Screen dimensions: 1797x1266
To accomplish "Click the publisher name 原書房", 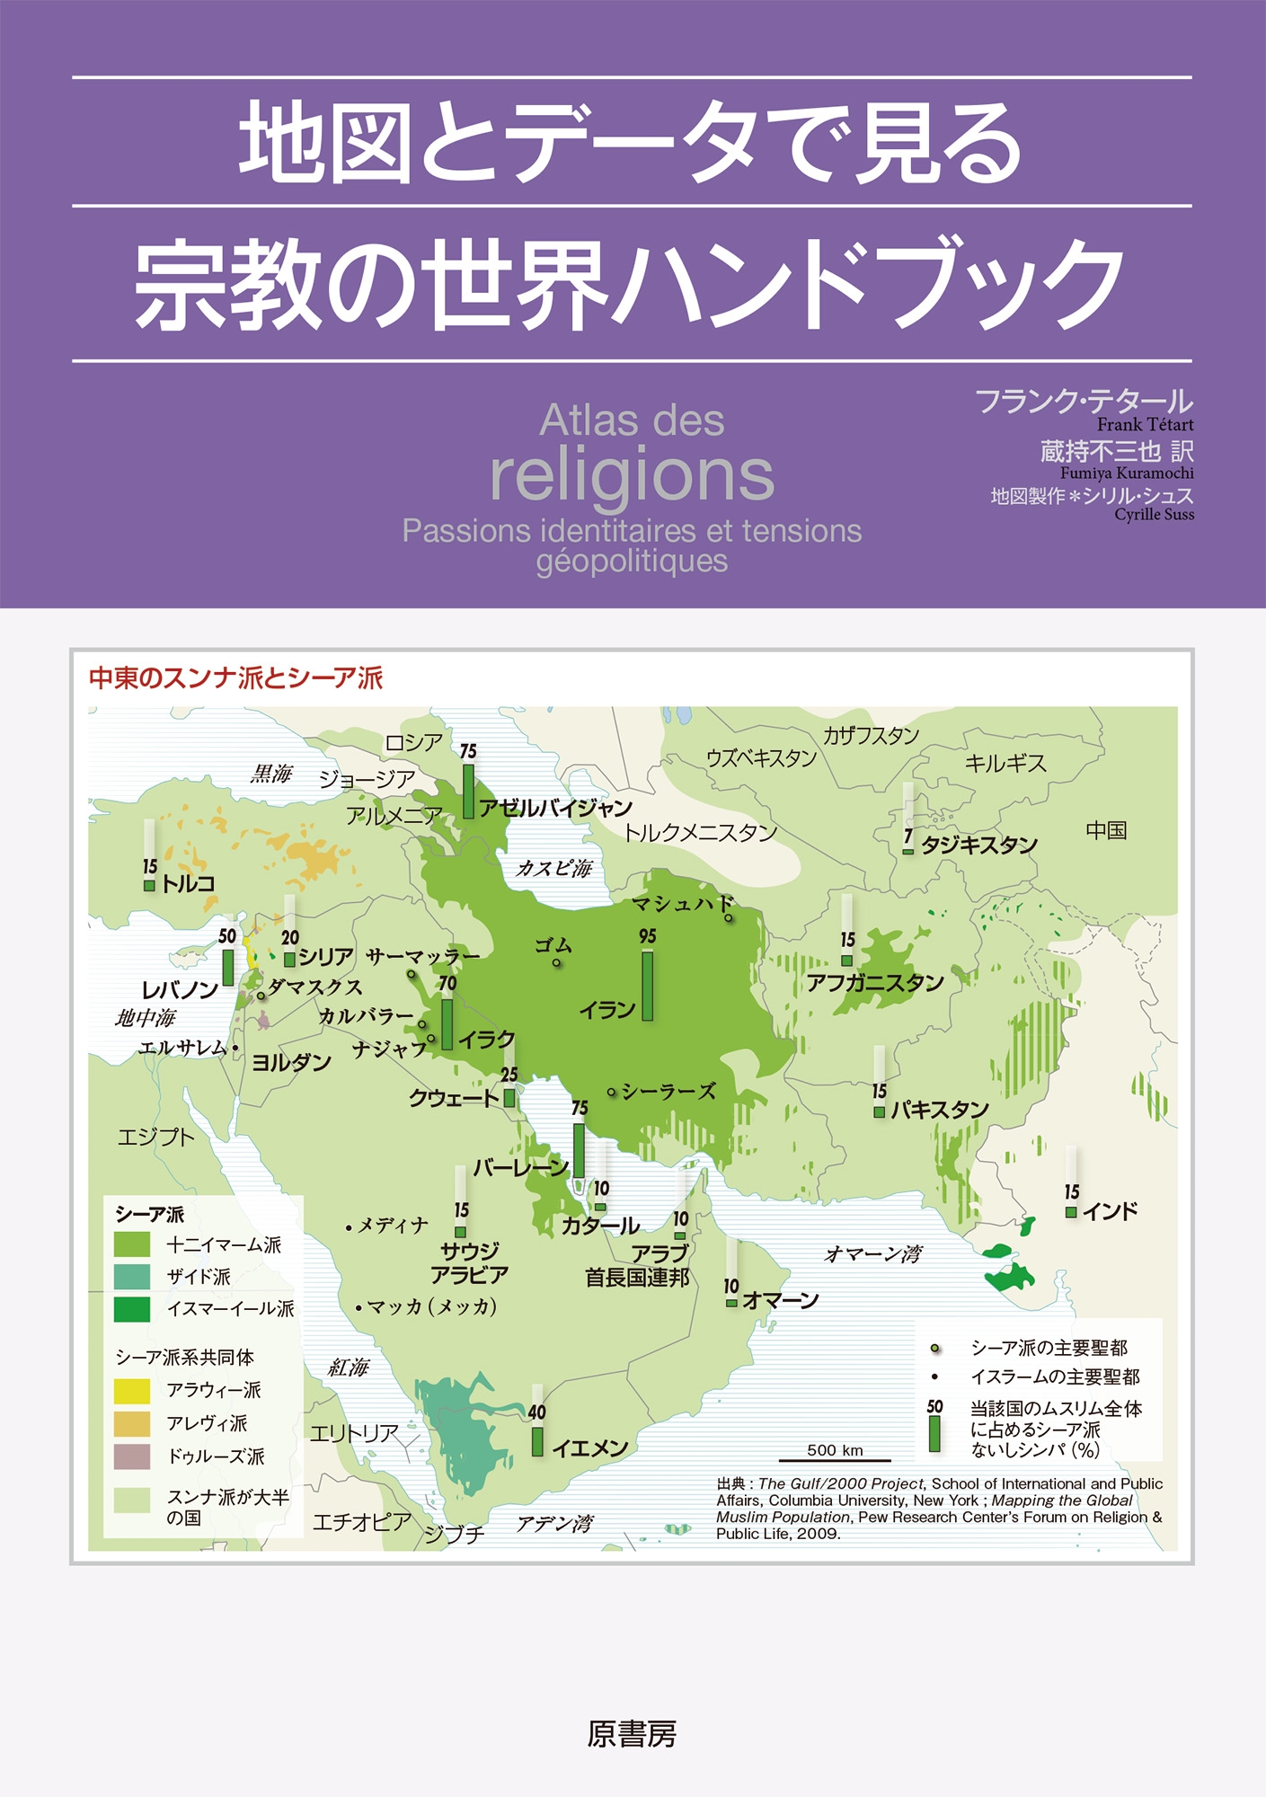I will tap(632, 1733).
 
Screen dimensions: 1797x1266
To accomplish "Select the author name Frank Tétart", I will tap(1145, 425).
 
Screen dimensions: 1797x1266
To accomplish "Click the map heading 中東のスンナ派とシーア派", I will tap(235, 677).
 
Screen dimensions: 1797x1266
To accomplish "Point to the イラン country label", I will tap(606, 1010).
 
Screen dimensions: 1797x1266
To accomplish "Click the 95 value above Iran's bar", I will tap(647, 936).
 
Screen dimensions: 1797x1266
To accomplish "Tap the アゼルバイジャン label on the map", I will tap(555, 808).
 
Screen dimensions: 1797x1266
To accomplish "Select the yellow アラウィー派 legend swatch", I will tap(132, 1390).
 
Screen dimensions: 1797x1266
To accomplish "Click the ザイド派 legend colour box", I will tap(132, 1277).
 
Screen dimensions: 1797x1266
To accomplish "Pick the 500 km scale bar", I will tap(835, 1460).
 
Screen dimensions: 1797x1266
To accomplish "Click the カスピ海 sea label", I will tap(553, 868).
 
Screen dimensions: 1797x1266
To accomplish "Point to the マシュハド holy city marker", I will tap(728, 918).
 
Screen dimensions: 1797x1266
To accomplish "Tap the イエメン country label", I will tap(589, 1447).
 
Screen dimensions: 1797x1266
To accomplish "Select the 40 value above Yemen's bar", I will tap(536, 1412).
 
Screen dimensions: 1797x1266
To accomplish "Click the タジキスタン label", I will tap(978, 845).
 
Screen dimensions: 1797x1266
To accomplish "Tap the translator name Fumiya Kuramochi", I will tap(1127, 473).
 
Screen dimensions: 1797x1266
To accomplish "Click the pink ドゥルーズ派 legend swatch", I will tap(132, 1456).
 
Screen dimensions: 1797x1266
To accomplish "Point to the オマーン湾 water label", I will tap(872, 1253).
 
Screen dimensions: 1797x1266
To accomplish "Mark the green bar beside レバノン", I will tap(228, 967).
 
